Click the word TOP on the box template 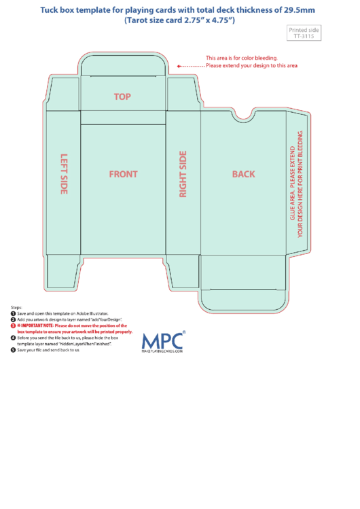(x=122, y=97)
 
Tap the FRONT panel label (x=123, y=174)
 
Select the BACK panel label (x=243, y=174)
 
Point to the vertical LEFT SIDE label (x=65, y=174)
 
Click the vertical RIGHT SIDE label (x=183, y=175)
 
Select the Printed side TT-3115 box (x=304, y=33)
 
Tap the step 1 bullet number (x=13, y=313)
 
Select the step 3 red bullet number (x=13, y=326)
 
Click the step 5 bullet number (x=13, y=350)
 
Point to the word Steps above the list (x=16, y=307)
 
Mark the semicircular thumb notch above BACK (x=243, y=116)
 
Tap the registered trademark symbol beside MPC (x=183, y=333)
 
